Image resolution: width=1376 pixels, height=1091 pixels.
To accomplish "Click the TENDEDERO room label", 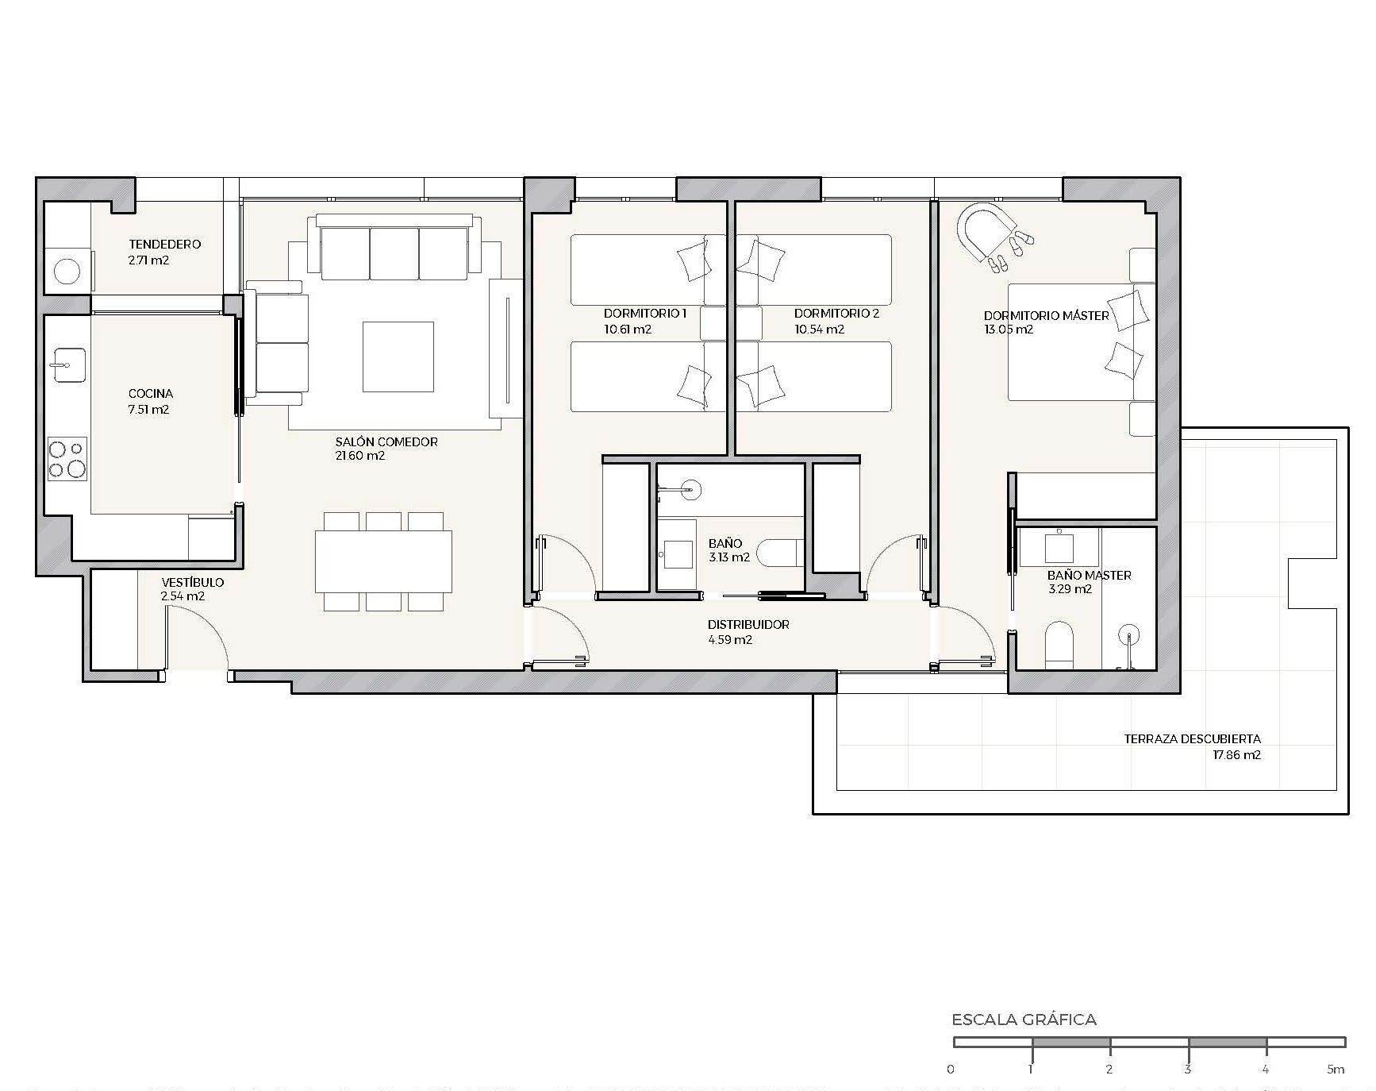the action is pos(165,245).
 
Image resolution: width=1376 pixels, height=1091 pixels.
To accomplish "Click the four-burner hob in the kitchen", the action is pos(67,459).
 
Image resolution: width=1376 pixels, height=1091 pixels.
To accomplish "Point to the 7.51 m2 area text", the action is pos(148,410).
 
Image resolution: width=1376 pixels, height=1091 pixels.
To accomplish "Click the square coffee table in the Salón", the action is pos(398,357).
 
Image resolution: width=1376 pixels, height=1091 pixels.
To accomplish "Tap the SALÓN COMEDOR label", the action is pos(386,442).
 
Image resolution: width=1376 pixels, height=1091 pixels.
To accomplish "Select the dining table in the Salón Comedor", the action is pos(383,561).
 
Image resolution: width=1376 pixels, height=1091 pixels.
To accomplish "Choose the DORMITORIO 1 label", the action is pos(645,314).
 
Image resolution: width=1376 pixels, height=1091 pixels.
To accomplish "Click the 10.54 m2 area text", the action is pos(819,330).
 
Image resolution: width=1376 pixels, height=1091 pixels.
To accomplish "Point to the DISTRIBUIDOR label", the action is pos(748,625).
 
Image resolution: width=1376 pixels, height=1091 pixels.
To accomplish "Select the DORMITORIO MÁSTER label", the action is pos(1047,315).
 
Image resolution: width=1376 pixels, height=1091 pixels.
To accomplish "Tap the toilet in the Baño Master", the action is pos(1059,643).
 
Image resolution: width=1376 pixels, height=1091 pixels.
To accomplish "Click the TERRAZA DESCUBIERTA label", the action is pos(1192,739).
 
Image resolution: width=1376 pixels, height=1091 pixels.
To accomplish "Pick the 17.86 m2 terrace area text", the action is pos(1236,755).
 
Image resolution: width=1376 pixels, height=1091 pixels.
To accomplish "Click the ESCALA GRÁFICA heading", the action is pos(1024,1020).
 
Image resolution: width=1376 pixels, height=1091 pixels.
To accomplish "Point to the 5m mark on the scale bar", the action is pos(1336,1070).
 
